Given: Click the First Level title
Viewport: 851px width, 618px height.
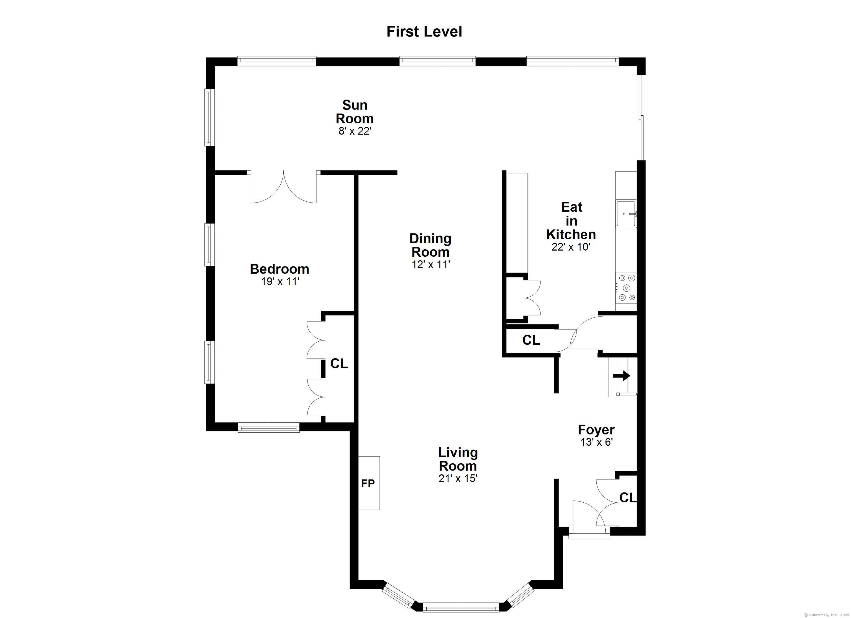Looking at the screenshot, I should click(x=424, y=32).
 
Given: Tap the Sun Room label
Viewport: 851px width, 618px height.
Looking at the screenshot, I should click(x=354, y=112).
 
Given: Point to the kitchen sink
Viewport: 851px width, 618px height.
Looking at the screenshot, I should click(x=626, y=214).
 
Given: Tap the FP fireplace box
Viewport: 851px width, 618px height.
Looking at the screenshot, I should click(x=369, y=484).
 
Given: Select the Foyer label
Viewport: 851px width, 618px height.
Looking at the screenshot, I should click(x=596, y=430).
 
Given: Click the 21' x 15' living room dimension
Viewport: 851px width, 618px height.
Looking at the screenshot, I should click(x=457, y=479).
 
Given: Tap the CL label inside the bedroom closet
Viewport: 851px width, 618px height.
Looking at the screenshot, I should click(x=339, y=363).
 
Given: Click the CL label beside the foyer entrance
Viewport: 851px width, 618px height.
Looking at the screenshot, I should click(x=627, y=498).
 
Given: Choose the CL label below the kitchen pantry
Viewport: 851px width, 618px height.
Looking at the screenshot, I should click(x=531, y=340).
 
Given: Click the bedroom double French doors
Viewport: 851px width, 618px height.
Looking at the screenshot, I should click(x=284, y=187).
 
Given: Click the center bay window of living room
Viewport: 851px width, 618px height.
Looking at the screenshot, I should click(x=461, y=607).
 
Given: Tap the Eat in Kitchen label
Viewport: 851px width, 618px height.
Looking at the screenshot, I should click(x=571, y=221).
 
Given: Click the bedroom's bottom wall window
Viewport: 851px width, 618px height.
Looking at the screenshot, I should click(x=269, y=428).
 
